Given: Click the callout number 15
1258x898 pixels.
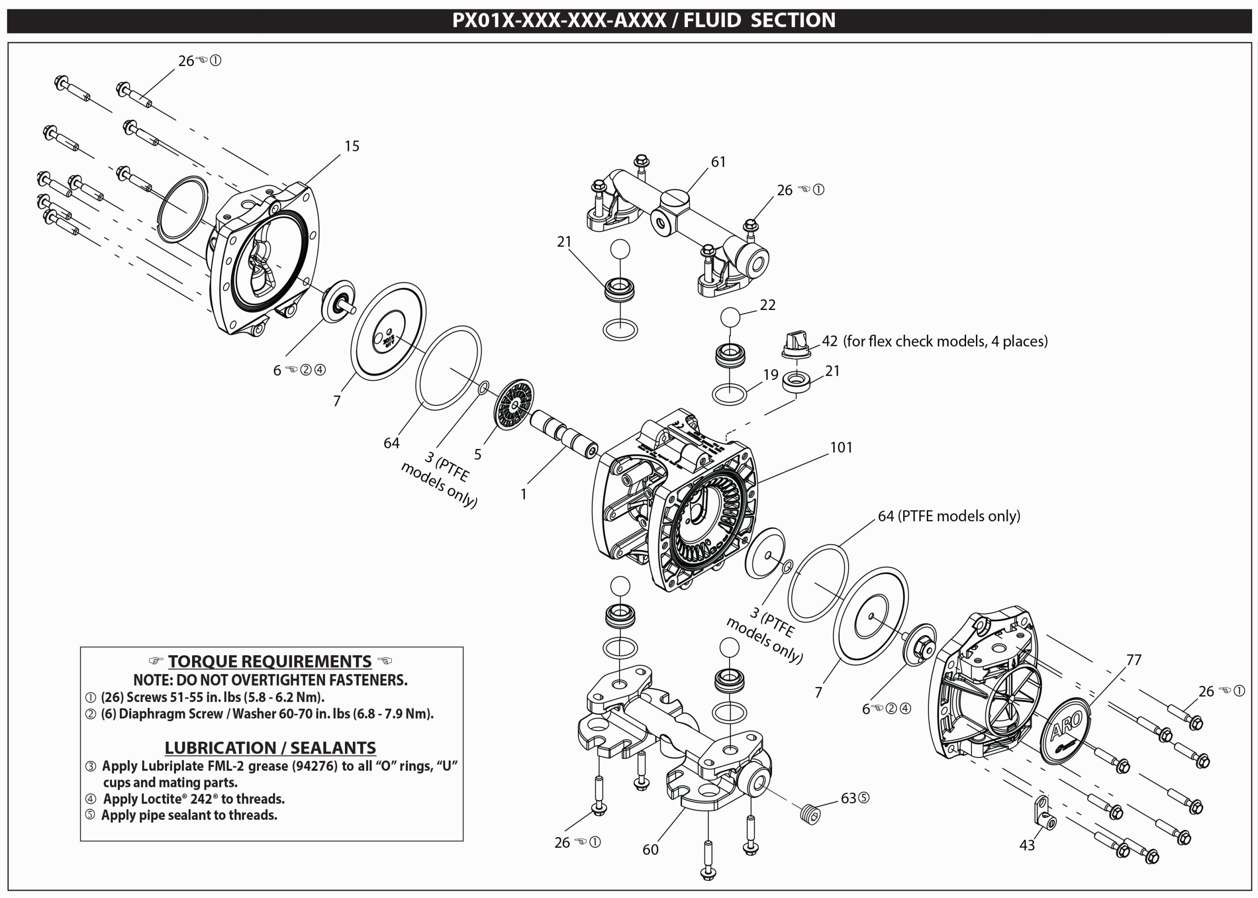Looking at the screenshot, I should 352,146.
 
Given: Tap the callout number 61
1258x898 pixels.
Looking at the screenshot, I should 718,162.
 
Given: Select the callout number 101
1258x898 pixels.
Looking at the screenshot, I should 841,448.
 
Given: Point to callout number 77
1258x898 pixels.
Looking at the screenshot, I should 1134,660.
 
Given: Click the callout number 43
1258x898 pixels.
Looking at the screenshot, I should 1027,845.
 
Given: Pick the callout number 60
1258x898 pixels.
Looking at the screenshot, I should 650,849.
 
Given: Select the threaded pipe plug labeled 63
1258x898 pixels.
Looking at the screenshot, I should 810,814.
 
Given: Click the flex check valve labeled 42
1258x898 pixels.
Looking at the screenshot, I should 796,344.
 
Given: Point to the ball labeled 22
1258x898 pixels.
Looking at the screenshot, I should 730,318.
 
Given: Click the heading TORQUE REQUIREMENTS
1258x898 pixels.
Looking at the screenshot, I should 270,661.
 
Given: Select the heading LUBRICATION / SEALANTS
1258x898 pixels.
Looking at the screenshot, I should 270,748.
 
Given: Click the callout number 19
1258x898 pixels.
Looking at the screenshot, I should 771,374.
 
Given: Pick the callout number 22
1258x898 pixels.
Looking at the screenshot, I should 768,305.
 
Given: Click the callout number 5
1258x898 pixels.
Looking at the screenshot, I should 478,454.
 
